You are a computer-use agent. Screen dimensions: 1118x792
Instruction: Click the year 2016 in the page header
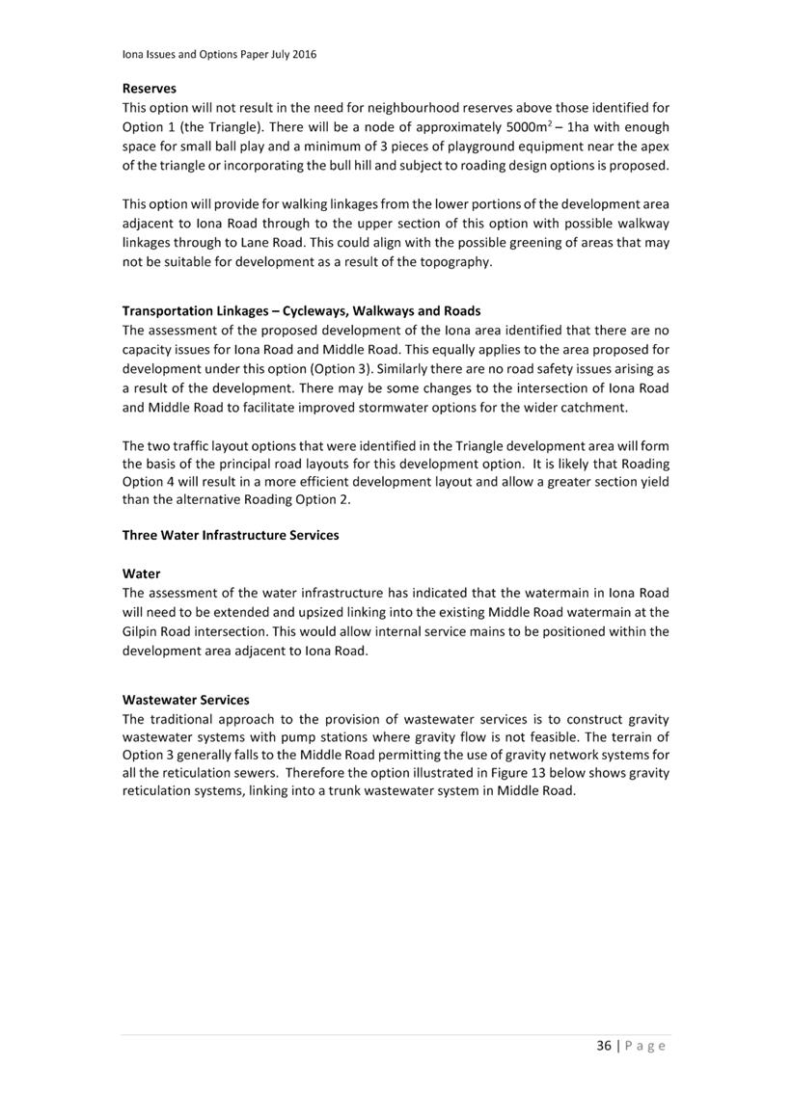(x=303, y=55)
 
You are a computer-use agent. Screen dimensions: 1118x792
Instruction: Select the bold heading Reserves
(x=150, y=88)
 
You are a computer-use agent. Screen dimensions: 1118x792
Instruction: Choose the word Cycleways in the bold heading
(x=314, y=310)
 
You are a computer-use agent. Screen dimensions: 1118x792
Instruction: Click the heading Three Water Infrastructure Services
(x=231, y=535)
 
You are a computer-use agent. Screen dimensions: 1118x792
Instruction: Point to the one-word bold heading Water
(x=142, y=573)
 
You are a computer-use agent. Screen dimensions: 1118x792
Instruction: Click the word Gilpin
(x=143, y=631)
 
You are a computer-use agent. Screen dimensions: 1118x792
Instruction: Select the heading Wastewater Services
(x=186, y=700)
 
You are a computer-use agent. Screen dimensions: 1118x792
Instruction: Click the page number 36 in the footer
(x=604, y=1046)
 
